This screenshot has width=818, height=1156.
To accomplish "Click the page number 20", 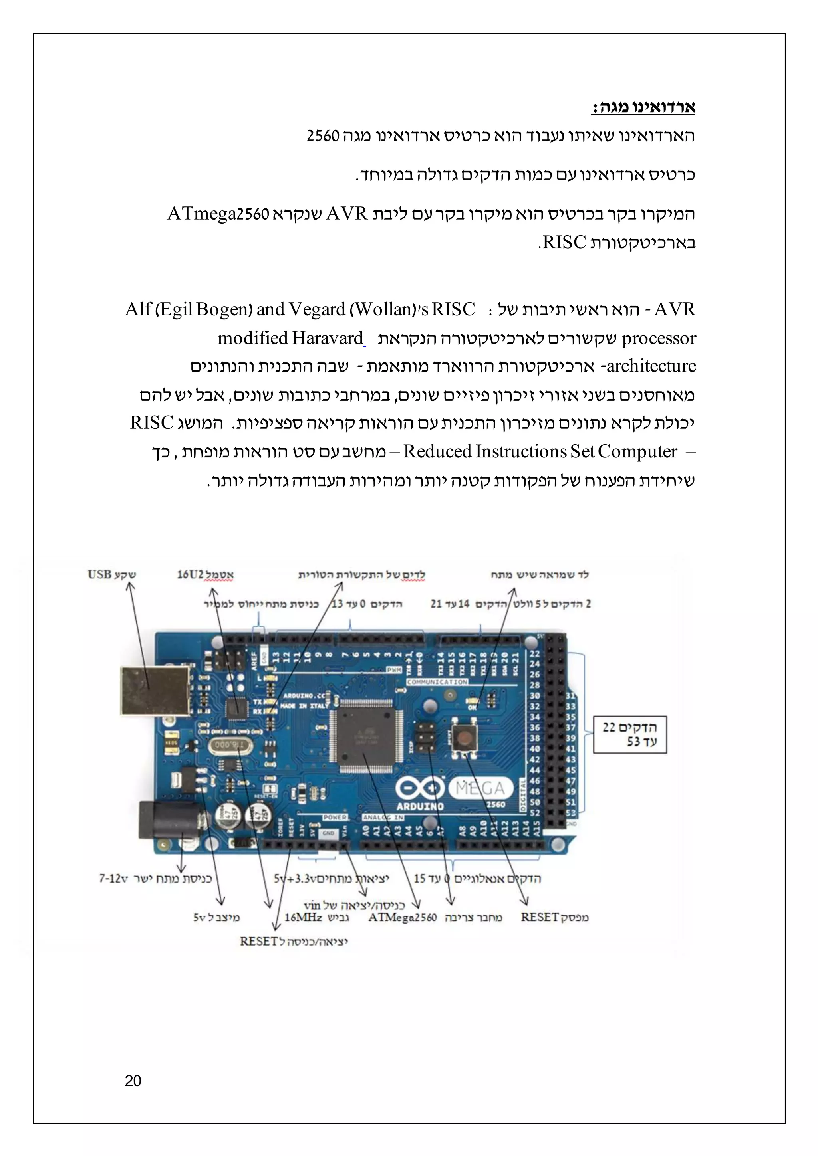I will click(133, 1081).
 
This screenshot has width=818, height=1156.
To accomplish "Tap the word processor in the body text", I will click(659, 338).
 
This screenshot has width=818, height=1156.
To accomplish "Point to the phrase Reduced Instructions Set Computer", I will click(540, 451).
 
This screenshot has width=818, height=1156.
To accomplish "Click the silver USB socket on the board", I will click(155, 690).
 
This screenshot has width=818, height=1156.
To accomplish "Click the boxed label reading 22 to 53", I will click(629, 734).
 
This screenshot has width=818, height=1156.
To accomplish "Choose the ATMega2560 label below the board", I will click(403, 917).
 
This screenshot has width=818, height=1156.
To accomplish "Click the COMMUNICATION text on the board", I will click(437, 682).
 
